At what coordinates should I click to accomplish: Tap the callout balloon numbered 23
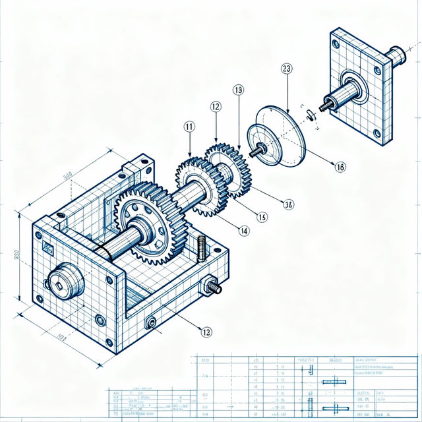click(286, 68)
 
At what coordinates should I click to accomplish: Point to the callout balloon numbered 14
click(243, 231)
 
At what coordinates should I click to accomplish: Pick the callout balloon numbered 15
click(262, 216)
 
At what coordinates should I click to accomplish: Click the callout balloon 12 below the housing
click(206, 332)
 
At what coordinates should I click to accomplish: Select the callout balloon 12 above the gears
click(215, 105)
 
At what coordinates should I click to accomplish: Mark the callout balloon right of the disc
click(340, 167)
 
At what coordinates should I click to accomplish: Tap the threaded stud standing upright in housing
click(202, 247)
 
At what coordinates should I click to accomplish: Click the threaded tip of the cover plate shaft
click(325, 105)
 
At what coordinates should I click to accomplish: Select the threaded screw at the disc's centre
click(255, 150)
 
